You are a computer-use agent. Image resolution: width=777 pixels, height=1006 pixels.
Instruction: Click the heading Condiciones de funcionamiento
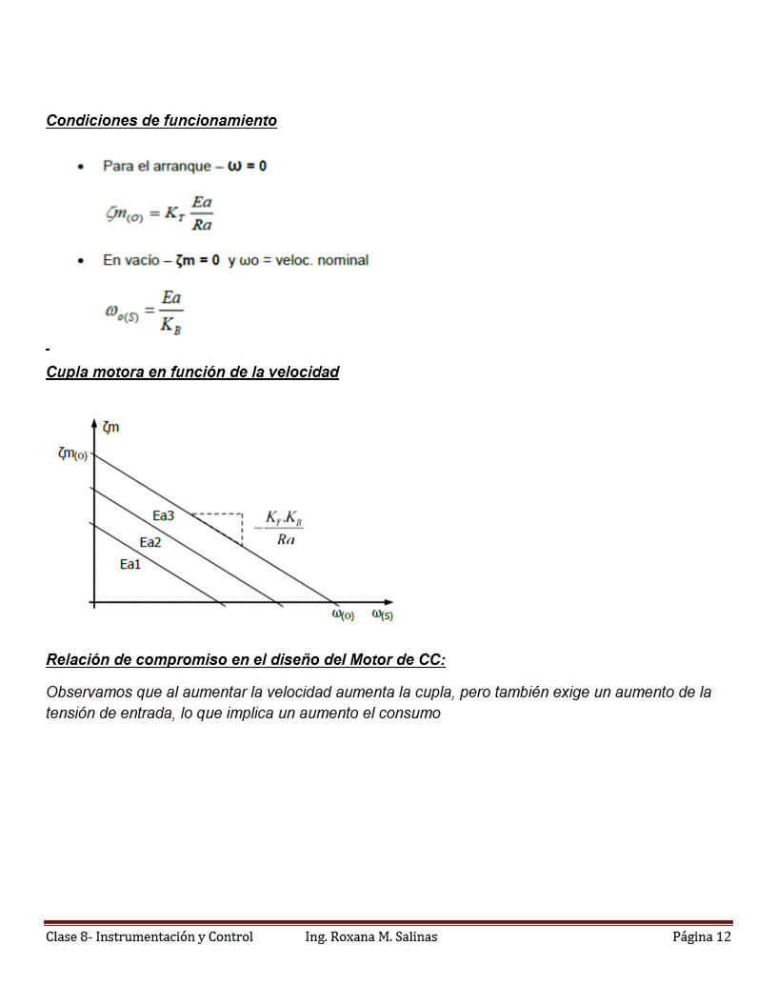pos(162,121)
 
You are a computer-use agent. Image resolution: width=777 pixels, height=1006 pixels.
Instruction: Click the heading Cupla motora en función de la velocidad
pos(192,372)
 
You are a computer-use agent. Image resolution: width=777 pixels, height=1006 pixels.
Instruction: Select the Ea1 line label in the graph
pos(130,565)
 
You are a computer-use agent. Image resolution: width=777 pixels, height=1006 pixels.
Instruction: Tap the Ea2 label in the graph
pos(150,542)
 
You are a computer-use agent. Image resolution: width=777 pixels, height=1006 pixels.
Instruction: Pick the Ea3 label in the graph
pos(164,516)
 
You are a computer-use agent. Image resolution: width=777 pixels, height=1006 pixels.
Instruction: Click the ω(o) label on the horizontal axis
pos(343,615)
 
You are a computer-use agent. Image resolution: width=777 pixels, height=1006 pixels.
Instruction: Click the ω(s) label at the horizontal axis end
pos(382,615)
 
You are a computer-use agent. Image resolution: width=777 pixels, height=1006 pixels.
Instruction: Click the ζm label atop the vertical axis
pos(110,428)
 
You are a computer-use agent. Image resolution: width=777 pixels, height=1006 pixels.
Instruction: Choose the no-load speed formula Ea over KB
pos(145,312)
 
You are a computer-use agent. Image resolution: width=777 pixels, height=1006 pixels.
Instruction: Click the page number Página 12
pos(702,937)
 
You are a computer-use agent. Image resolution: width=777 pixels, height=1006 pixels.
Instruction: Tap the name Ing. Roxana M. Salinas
pos(371,937)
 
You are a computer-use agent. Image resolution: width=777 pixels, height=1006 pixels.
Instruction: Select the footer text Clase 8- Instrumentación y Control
pos(149,937)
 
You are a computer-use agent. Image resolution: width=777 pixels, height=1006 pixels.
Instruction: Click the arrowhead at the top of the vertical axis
pos(93,422)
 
